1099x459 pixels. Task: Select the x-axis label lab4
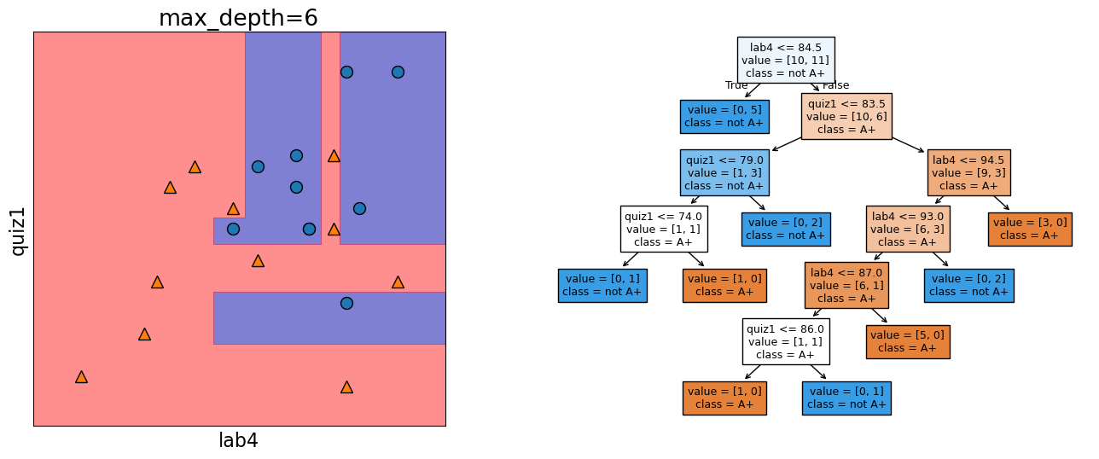pos(238,441)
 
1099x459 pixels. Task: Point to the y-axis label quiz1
pos(18,229)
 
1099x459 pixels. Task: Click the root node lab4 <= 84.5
pos(786,60)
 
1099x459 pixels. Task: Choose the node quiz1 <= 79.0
pos(724,172)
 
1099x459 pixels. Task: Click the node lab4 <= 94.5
pos(968,172)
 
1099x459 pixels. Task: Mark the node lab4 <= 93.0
pos(908,229)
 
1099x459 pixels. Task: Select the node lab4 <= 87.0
pos(846,285)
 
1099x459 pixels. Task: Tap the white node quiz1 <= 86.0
pos(785,341)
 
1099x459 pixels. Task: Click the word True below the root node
pos(736,85)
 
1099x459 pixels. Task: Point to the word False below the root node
pos(835,85)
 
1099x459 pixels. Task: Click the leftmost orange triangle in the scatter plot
pos(81,377)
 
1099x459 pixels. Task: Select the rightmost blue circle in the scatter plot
pos(398,73)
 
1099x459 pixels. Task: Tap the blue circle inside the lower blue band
pos(346,303)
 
